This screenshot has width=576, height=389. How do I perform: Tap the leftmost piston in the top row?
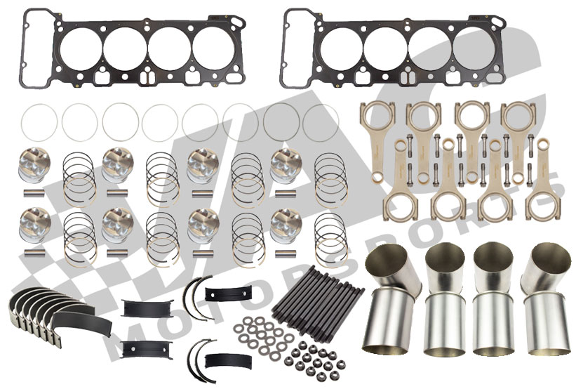point(32,164)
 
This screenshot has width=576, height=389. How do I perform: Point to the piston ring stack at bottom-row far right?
point(329,232)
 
